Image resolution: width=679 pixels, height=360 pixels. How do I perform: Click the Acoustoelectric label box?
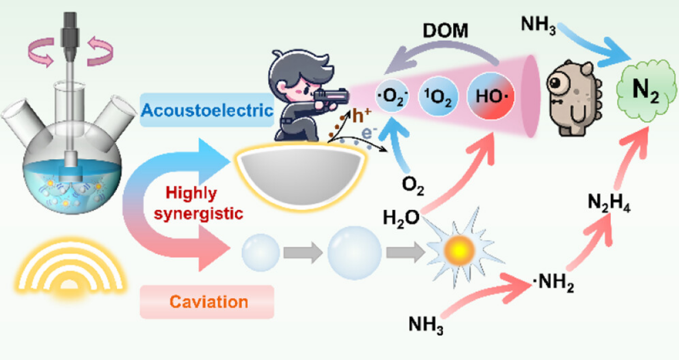[207, 110]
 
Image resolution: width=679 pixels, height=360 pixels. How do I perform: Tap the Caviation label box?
[207, 302]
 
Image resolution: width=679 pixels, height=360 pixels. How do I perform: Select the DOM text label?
[445, 31]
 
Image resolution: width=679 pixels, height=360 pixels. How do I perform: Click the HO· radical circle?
[491, 96]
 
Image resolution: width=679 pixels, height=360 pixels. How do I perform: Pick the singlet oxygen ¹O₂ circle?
[438, 96]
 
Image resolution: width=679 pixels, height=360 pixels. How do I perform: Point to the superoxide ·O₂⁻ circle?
[392, 96]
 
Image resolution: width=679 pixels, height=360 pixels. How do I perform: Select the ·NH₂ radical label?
[553, 282]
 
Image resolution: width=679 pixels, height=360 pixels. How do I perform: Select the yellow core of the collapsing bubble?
[460, 250]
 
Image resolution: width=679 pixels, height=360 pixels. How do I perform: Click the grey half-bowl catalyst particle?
[301, 175]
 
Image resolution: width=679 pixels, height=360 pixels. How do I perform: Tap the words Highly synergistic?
[196, 203]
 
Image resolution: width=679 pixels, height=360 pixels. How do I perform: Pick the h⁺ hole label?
[361, 116]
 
